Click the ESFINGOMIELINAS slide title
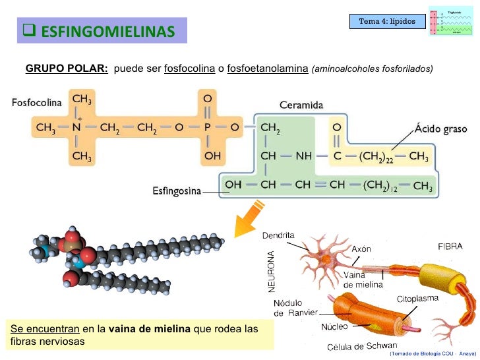point(103,31)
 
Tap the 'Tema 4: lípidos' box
point(387,22)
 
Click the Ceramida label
point(301,105)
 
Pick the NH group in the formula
point(303,157)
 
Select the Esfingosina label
point(177,192)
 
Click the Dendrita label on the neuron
point(278,235)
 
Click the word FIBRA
point(450,246)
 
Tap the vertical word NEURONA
point(268,270)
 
